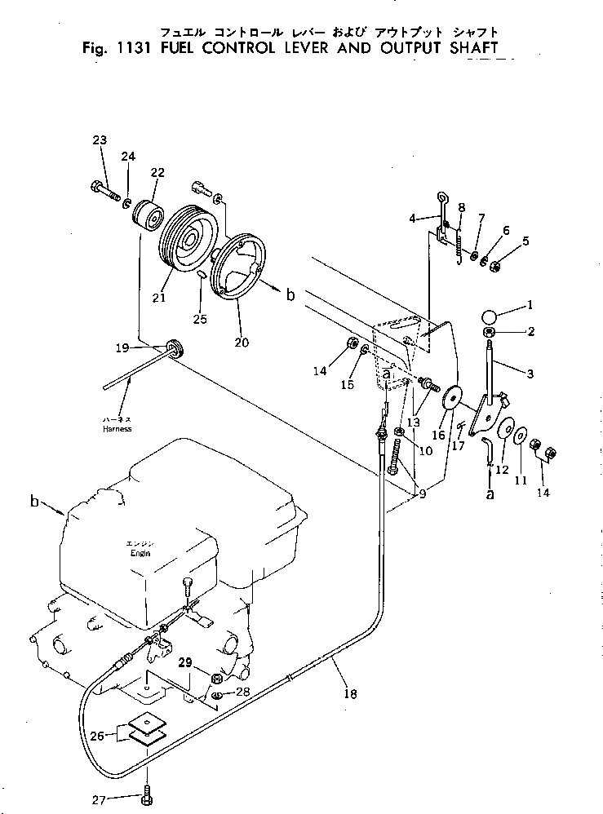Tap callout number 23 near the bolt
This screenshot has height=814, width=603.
tap(100, 139)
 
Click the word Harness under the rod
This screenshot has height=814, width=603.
tap(117, 429)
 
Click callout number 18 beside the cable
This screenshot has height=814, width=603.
tap(351, 693)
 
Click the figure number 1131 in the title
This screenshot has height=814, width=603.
tap(135, 48)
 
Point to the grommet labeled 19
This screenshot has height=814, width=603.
tap(175, 347)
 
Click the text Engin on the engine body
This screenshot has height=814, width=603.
tap(140, 553)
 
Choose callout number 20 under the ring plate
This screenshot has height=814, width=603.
tap(242, 342)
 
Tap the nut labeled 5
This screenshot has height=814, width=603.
tap(495, 267)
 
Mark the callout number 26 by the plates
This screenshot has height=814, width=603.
tap(96, 735)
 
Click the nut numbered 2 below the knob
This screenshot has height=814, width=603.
tap(489, 332)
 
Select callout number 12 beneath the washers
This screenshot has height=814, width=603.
tap(502, 469)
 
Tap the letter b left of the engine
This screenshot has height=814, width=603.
tap(35, 502)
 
